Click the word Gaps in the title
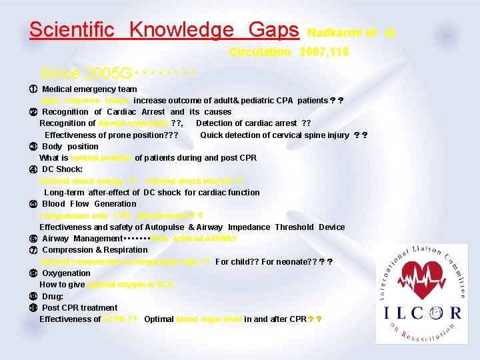[273, 30]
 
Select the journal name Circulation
[259, 52]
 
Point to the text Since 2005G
[85, 73]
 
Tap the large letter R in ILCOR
[453, 312]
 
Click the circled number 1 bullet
[32, 89]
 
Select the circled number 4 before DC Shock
[32, 169]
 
